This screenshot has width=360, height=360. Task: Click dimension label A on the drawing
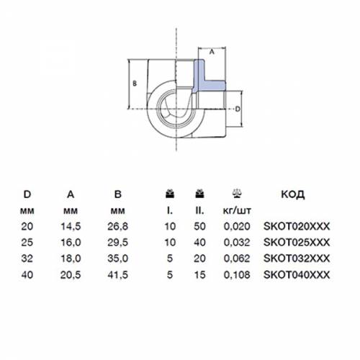tap(212, 52)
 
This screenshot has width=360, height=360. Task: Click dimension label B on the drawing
tap(135, 84)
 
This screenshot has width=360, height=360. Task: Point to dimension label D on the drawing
tap(238, 109)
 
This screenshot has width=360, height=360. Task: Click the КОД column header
tap(293, 194)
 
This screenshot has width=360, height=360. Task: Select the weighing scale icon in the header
tap(237, 194)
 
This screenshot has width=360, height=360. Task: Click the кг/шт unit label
tap(237, 211)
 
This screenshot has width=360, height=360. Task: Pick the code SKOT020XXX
tap(297, 226)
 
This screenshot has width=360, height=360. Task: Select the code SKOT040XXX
tap(297, 275)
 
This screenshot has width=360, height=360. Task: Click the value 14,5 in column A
tap(71, 226)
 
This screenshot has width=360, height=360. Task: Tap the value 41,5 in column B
tap(117, 275)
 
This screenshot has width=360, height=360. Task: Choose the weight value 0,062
tap(237, 258)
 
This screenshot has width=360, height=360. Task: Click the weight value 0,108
tap(237, 275)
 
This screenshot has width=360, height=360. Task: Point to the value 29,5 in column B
tap(117, 243)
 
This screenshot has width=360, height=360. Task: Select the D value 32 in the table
tap(27, 258)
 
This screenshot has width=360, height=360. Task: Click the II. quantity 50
tap(199, 226)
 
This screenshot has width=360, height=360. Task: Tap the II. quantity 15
tap(199, 275)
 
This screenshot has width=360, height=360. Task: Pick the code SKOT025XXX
tap(297, 243)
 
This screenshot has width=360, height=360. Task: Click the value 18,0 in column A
tap(71, 258)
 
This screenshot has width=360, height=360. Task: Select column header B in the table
tap(118, 194)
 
